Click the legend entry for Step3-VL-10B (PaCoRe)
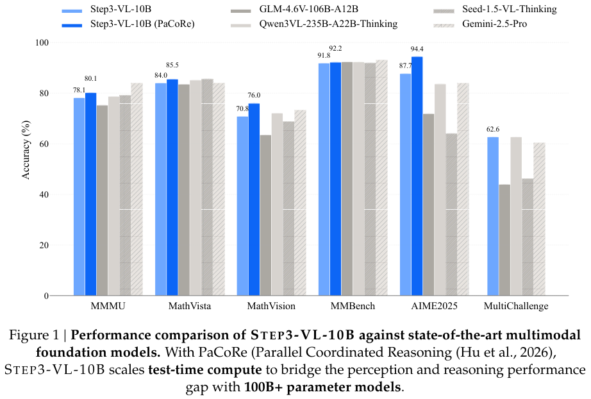pyautogui.click(x=128, y=24)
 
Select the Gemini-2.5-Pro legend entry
pyautogui.click(x=480, y=24)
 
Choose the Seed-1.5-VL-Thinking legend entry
pyautogui.click(x=495, y=9)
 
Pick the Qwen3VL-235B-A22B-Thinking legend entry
pyautogui.click(x=314, y=24)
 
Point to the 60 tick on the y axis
pyautogui.click(x=44, y=144)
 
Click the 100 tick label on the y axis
pyautogui.click(x=42, y=42)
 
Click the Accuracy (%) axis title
pyautogui.click(x=26, y=149)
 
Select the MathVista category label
pyautogui.click(x=190, y=306)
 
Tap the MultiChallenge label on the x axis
pyautogui.click(x=516, y=306)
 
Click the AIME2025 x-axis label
pyautogui.click(x=434, y=306)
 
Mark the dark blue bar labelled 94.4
pyautogui.click(x=417, y=176)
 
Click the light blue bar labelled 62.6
pyautogui.click(x=493, y=216)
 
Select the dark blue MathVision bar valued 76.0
pyautogui.click(x=254, y=199)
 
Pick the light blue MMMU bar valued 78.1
pyautogui.click(x=79, y=197)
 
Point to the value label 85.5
pyautogui.click(x=172, y=65)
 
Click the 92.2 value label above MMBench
pyautogui.click(x=335, y=49)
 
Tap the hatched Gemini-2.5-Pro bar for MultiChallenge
pyautogui.click(x=539, y=219)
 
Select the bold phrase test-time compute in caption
pyautogui.click(x=205, y=369)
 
